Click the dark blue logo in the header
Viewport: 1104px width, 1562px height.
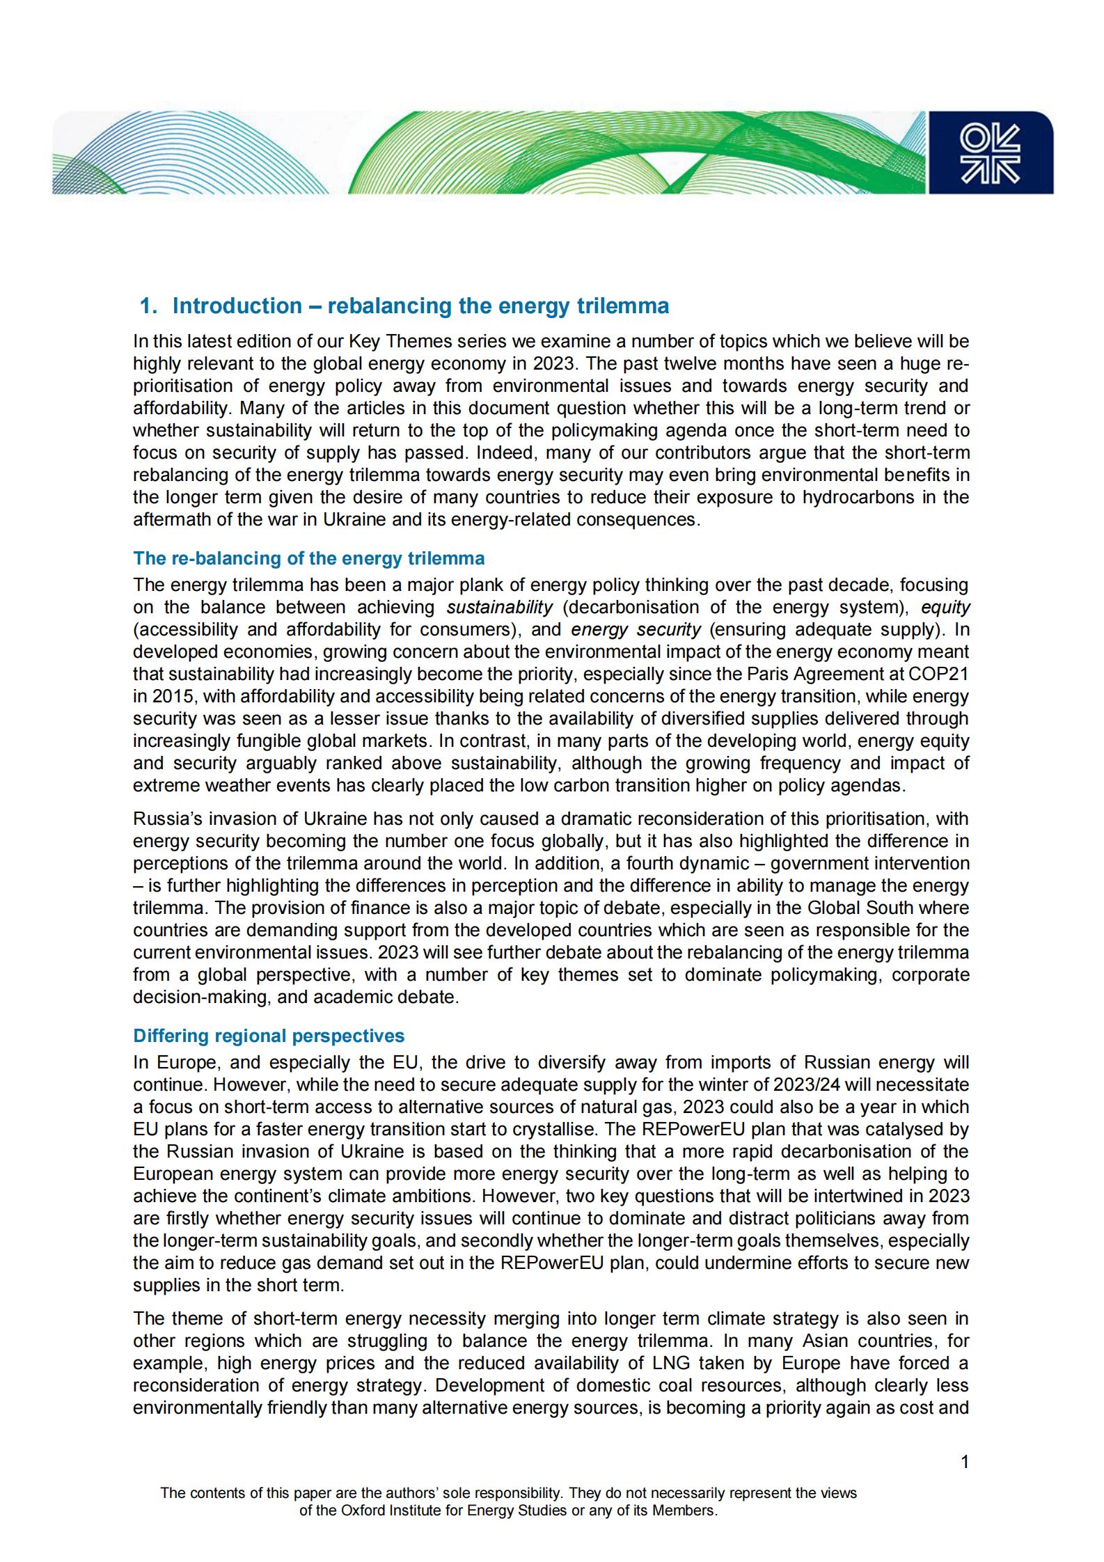990,152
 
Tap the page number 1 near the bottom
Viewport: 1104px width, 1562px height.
965,1462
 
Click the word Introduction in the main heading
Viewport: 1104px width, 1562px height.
237,306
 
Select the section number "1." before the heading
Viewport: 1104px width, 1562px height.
148,306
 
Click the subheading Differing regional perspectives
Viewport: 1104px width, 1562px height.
269,1036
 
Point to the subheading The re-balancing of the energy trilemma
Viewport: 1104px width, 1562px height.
308,558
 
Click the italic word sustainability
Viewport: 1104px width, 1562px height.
499,607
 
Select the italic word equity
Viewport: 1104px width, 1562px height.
945,607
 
